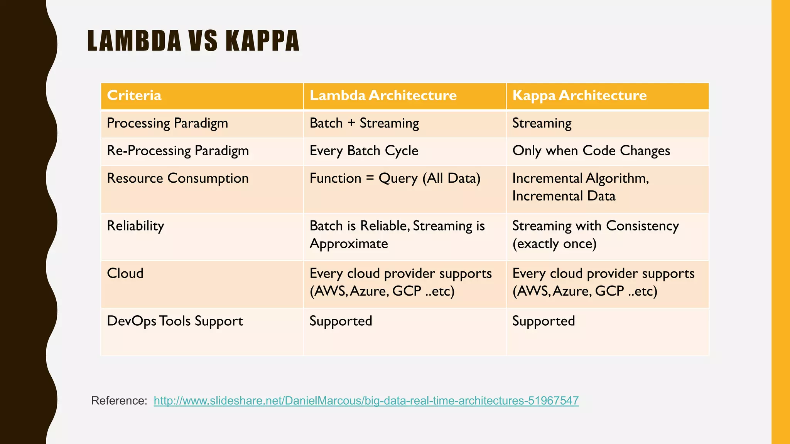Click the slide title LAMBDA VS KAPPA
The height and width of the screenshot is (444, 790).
tap(193, 41)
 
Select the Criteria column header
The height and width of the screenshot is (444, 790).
tap(134, 96)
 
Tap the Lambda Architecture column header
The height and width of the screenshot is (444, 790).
tap(383, 96)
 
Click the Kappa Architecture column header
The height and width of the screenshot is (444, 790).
tap(579, 96)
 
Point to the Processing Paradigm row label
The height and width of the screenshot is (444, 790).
tap(167, 123)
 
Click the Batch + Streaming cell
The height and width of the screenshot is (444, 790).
tap(364, 123)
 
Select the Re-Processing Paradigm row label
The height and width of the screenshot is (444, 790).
tap(177, 151)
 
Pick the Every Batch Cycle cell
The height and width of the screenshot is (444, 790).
tap(363, 151)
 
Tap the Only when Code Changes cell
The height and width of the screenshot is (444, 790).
tap(591, 151)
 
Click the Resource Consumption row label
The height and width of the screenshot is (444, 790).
tap(177, 178)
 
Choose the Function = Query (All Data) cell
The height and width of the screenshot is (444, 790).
tap(395, 178)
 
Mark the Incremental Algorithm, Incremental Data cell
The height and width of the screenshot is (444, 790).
tap(580, 187)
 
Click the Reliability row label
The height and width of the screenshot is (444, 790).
tap(135, 226)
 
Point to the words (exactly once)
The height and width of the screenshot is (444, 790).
tap(554, 244)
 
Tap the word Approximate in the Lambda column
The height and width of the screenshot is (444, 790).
tap(348, 244)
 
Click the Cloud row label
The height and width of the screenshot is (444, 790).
tap(125, 273)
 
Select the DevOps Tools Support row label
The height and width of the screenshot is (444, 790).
tap(175, 321)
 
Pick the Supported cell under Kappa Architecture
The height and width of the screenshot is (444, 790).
tap(543, 321)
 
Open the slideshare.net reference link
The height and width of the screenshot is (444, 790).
tap(366, 401)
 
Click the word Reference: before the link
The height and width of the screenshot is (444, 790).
tap(119, 401)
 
